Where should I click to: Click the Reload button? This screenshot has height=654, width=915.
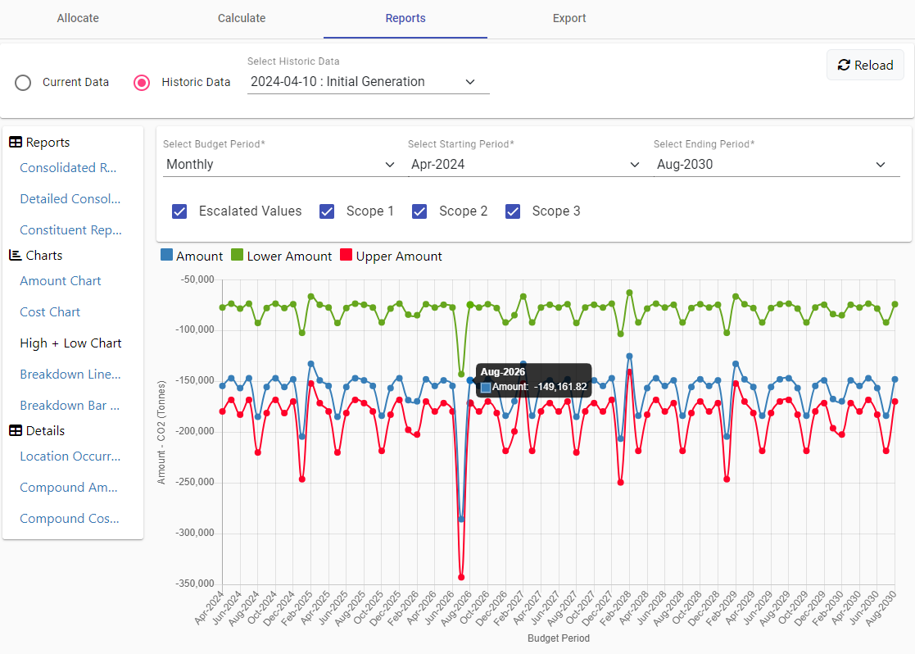click(865, 65)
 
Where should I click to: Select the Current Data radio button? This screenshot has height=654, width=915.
click(23, 82)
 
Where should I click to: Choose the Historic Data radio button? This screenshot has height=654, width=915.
click(141, 82)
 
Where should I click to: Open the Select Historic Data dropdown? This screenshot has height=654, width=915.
click(369, 82)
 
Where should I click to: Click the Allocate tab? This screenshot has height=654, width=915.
click(78, 18)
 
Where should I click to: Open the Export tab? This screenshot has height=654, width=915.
click(569, 18)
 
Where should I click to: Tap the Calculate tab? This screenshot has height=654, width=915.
click(242, 18)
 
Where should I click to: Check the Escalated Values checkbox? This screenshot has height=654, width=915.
click(179, 211)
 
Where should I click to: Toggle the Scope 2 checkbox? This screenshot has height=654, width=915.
click(419, 211)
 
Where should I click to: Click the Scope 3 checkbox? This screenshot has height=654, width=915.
click(513, 211)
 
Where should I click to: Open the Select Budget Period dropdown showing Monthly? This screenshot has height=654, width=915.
click(280, 165)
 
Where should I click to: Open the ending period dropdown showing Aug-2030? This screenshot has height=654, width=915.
click(776, 165)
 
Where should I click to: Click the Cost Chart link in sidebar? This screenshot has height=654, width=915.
click(50, 311)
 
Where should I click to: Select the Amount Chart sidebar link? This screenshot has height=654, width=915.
click(61, 281)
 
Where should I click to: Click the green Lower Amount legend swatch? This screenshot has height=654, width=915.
click(237, 255)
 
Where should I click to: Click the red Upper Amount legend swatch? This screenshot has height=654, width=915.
click(346, 255)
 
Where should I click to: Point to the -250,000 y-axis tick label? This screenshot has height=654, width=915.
click(195, 483)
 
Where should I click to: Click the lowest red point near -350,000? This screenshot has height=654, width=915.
click(461, 577)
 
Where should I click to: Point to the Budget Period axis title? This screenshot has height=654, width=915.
click(559, 638)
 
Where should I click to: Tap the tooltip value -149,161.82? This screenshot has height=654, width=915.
click(560, 387)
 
